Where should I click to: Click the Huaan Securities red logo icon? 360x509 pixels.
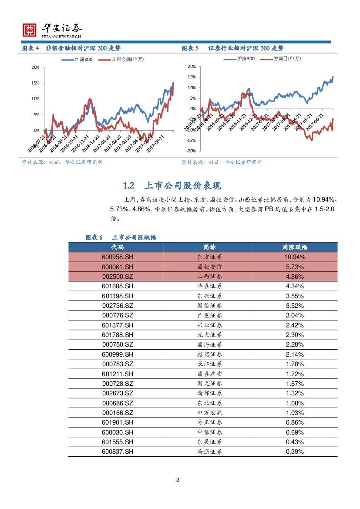pos(30,30)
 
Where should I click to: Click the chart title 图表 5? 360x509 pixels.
pos(190,48)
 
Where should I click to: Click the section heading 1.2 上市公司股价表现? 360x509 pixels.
pos(172,186)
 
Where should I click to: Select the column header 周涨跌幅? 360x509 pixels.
pos(295,247)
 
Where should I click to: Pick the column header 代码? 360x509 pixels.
pos(117,247)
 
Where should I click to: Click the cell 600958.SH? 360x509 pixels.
pos(118,257)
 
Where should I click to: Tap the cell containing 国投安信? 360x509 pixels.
pos(209,266)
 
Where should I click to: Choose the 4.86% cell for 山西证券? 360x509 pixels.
pos(295,276)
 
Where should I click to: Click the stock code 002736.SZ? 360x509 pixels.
pos(118,306)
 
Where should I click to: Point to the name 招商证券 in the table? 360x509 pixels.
pos(209,354)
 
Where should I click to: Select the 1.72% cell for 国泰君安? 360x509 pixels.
pos(295,374)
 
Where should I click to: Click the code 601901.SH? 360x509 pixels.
pos(118,422)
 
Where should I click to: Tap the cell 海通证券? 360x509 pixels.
pos(209,452)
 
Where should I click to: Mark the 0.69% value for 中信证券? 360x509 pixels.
pos(295,432)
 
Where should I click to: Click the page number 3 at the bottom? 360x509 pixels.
pos(178,480)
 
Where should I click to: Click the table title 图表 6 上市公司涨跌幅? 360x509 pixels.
pos(121,237)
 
